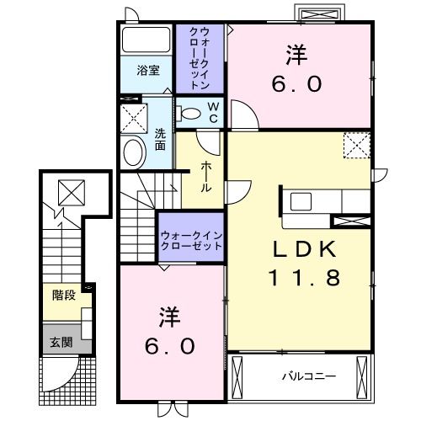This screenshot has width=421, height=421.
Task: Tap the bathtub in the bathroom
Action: click(x=146, y=40)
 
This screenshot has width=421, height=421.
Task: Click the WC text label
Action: click(x=212, y=111)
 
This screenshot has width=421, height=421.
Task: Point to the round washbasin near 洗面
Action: click(x=134, y=152)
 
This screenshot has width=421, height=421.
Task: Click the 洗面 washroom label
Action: click(x=159, y=138)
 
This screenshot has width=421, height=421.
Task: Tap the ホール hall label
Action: click(x=206, y=177)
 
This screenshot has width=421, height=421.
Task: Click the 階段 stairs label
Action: click(x=62, y=296)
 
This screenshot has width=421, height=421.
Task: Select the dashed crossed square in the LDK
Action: click(x=356, y=146)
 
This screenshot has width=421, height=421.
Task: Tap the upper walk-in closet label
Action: click(x=200, y=57)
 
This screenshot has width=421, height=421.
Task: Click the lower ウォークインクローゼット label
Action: click(x=191, y=240)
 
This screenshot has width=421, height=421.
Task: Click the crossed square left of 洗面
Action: click(x=133, y=115)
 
